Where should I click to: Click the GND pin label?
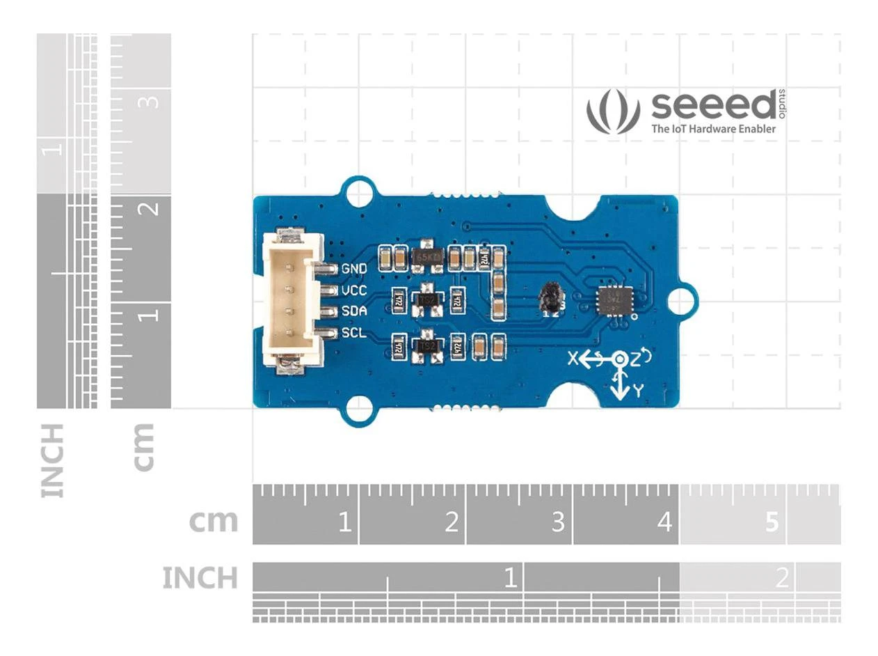pyautogui.click(x=354, y=268)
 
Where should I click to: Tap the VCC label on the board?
pyautogui.click(x=354, y=290)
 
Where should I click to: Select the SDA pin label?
pyautogui.click(x=354, y=311)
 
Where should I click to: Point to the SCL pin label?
pyautogui.click(x=354, y=332)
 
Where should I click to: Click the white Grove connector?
pyautogui.click(x=292, y=301)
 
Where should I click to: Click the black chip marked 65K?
pyautogui.click(x=427, y=257)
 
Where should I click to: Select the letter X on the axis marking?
pyautogui.click(x=573, y=359)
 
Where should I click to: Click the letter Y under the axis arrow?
pyautogui.click(x=637, y=392)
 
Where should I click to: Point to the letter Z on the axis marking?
pyautogui.click(x=636, y=359)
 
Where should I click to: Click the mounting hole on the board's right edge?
pyautogui.click(x=683, y=300)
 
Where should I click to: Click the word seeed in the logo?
pyautogui.click(x=712, y=106)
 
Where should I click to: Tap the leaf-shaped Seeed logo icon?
pyautogui.click(x=612, y=111)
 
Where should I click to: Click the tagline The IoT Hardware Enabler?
pyautogui.click(x=713, y=129)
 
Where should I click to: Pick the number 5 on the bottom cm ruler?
pyautogui.click(x=772, y=522)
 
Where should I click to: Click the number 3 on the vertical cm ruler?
pyautogui.click(x=150, y=102)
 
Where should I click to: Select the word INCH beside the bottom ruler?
pyautogui.click(x=200, y=577)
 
